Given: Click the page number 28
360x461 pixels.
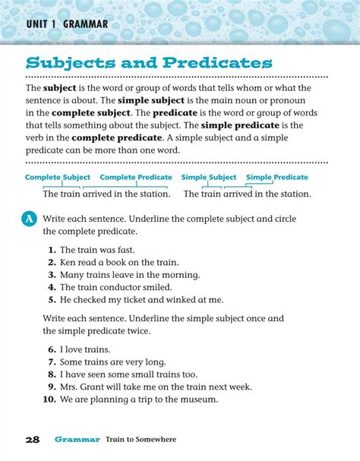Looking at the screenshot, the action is coord(32,440).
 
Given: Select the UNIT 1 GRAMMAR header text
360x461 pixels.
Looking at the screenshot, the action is coord(67,24).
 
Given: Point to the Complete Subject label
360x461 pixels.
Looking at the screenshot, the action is coord(58,177).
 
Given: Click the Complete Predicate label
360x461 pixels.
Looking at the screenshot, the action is coord(136,177).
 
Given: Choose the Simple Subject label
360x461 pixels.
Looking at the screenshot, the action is coord(209,177).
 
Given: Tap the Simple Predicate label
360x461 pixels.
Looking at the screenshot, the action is coord(277,177).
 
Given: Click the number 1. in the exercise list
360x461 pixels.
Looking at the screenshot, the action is coord(52,249).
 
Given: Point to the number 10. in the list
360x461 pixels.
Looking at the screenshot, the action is coord(49,399).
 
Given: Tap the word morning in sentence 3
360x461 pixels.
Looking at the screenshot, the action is coord(179,275).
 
